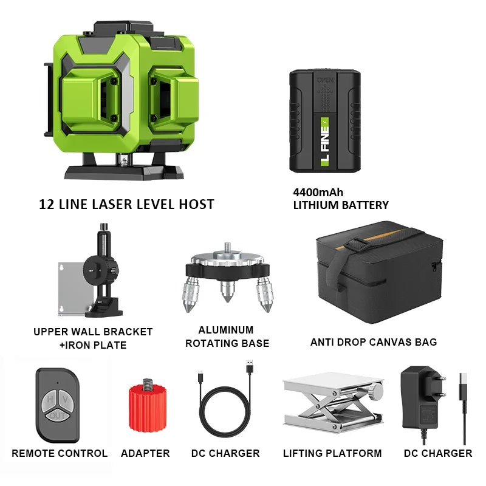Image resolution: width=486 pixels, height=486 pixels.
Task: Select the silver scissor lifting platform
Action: [333, 404]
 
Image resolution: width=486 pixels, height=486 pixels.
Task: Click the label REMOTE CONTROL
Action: [60, 453]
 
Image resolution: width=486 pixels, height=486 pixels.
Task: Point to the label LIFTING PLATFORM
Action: [332, 453]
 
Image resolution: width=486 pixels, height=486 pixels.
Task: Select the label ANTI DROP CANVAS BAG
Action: [374, 342]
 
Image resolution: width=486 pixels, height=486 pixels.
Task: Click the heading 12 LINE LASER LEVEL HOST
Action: [126, 204]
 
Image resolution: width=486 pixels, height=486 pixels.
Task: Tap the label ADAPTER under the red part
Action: [145, 453]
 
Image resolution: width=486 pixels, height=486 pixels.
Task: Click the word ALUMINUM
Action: [226, 330]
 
